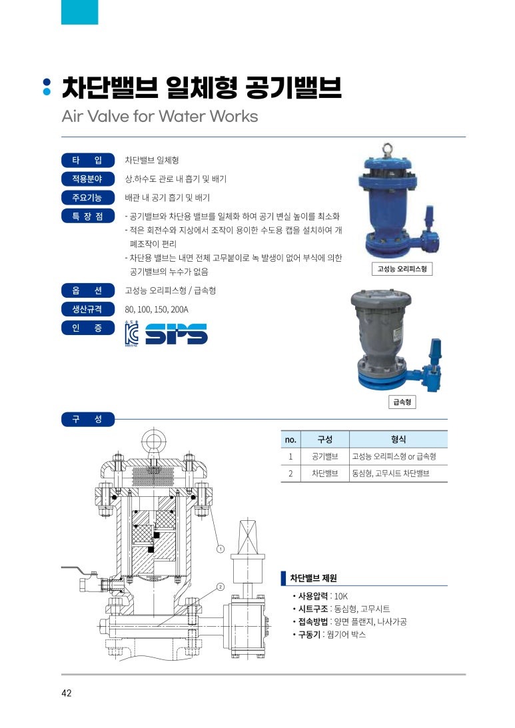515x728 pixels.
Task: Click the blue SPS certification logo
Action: (176, 334)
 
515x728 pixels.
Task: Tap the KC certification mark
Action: (131, 333)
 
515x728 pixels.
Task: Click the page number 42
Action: (67, 693)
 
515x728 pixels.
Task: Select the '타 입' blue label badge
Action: (88, 160)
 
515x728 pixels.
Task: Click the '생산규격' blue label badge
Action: (88, 309)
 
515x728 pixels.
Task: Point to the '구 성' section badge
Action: (88, 419)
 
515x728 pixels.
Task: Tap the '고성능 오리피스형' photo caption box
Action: (402, 269)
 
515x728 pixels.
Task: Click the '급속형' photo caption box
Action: (402, 402)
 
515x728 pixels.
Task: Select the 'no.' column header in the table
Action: (290, 439)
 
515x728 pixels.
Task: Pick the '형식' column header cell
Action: (398, 439)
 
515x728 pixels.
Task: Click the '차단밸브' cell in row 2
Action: (324, 474)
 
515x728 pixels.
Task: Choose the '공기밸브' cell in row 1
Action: (324, 456)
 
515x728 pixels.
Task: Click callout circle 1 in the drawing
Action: (221, 549)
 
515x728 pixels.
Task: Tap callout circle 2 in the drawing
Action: (221, 587)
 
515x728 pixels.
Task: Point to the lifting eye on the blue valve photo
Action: (386, 149)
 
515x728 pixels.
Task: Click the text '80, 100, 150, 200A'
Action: (157, 310)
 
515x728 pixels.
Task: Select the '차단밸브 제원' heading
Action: (313, 578)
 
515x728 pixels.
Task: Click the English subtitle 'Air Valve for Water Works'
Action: (160, 116)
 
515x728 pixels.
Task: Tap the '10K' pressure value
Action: (341, 596)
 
